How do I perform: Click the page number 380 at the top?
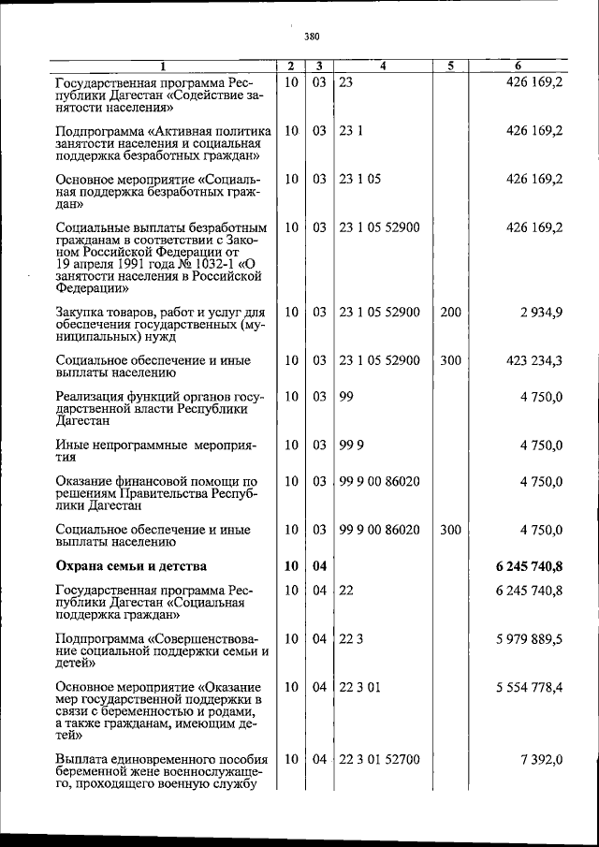coord(312,37)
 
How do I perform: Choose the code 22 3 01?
coord(359,687)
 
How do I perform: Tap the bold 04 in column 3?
coord(319,565)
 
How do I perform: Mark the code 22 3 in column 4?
coord(352,638)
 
